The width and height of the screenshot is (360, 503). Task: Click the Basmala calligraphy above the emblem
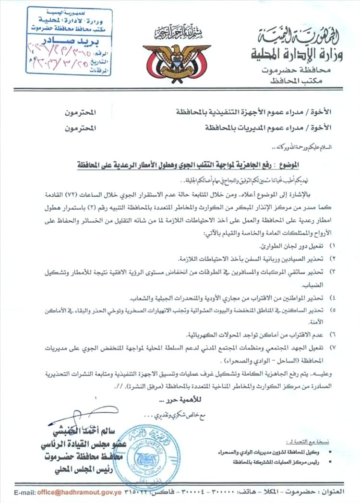(178, 32)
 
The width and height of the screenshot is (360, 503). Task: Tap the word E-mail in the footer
(27, 493)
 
